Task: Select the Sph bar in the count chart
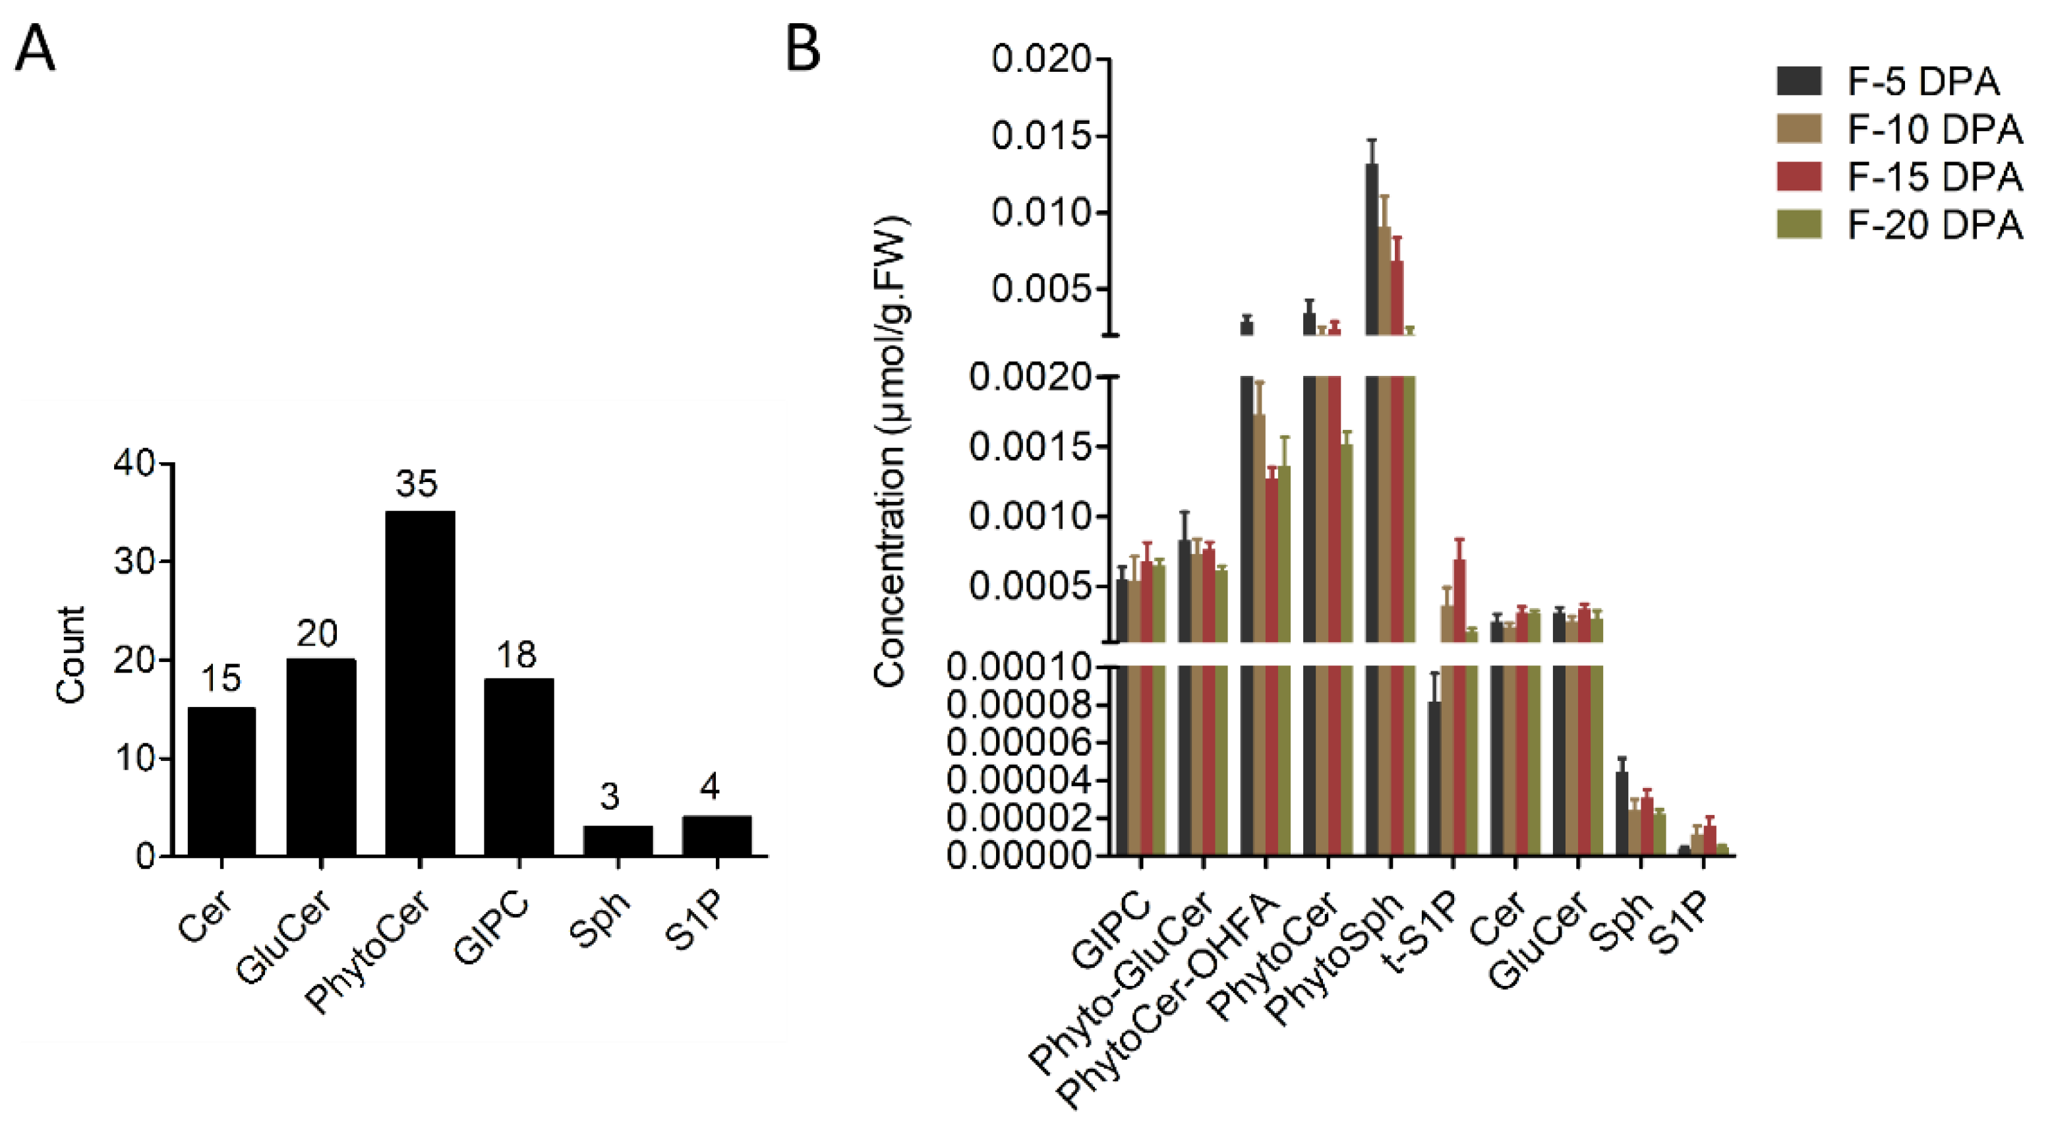pos(618,841)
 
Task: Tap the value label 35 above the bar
pos(417,483)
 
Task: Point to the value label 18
pos(516,655)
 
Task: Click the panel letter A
pos(35,49)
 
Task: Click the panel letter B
pos(802,49)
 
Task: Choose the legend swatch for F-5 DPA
pos(1798,81)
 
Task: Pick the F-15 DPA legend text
pos(1934,177)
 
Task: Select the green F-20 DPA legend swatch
pos(1798,225)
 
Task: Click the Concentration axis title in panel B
pos(891,450)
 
